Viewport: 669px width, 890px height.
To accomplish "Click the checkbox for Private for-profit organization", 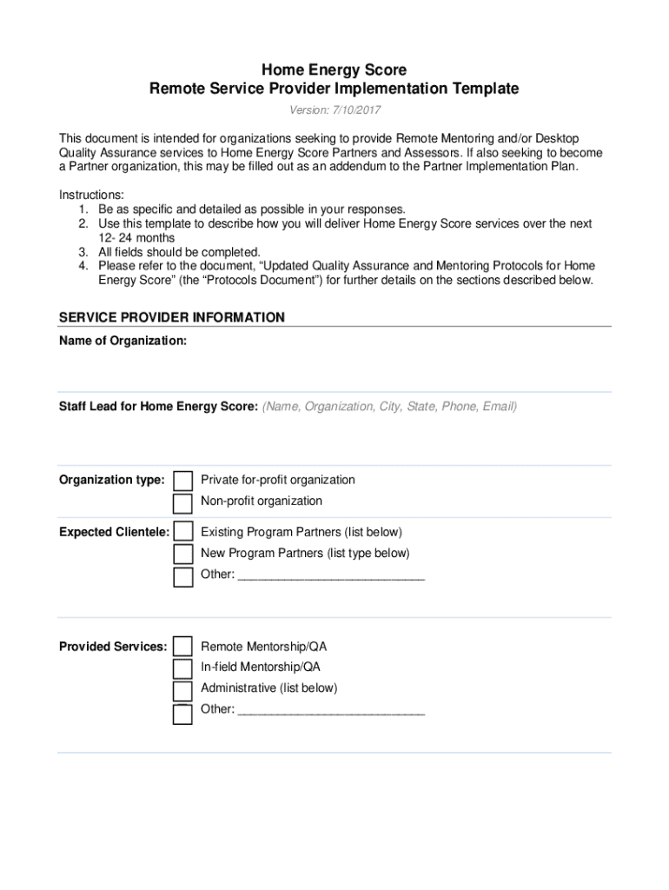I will pyautogui.click(x=182, y=482).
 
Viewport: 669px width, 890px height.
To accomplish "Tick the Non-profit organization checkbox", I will pyautogui.click(x=182, y=503).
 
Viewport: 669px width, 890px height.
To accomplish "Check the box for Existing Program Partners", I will pyautogui.click(x=182, y=533).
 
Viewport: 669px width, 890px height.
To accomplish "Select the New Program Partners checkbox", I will pyautogui.click(x=182, y=555).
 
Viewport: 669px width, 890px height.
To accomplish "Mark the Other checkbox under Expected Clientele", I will pyautogui.click(x=182, y=576).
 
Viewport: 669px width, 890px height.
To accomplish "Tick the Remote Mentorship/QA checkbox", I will pyautogui.click(x=182, y=647).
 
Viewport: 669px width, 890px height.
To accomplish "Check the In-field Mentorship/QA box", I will pyautogui.click(x=182, y=668).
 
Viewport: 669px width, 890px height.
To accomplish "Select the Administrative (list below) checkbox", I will pyautogui.click(x=182, y=691).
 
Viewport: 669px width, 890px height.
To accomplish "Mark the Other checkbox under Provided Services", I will pyautogui.click(x=182, y=714).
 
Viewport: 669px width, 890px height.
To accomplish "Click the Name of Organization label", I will pyautogui.click(x=123, y=341).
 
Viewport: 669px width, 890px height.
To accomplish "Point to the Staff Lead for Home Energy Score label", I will pyautogui.click(x=158, y=406).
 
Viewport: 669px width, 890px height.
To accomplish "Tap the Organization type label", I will pyautogui.click(x=111, y=480).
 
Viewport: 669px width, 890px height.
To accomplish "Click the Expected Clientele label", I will pyautogui.click(x=114, y=532).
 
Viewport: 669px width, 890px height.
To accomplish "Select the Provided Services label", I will pyautogui.click(x=113, y=647).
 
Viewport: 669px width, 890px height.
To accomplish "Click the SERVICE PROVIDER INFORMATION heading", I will pyautogui.click(x=171, y=317).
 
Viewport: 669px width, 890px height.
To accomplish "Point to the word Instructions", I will pyautogui.click(x=91, y=195).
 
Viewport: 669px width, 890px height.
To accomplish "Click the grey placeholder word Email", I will pyautogui.click(x=499, y=406).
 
